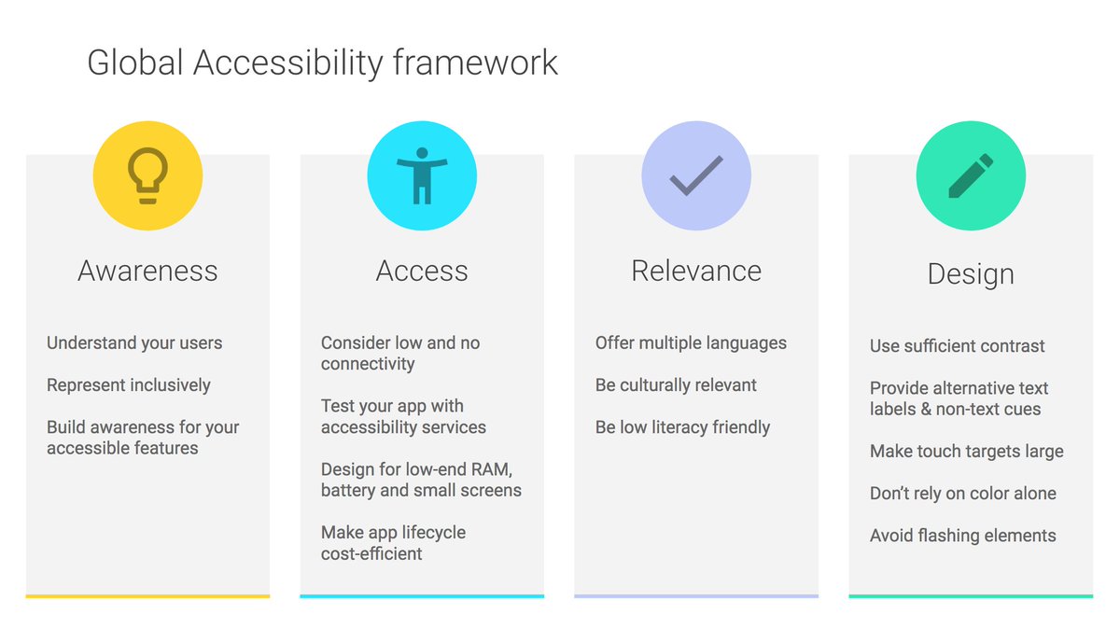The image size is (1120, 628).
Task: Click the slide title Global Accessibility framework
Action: (322, 63)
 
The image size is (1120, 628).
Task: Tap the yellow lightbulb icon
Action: (147, 175)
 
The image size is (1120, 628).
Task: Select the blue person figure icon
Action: (422, 175)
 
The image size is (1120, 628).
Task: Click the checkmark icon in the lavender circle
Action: (696, 175)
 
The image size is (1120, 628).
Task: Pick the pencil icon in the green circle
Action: (971, 175)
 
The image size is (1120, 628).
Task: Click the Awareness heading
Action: (147, 272)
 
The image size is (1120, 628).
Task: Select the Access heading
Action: (422, 272)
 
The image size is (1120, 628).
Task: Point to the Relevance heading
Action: (696, 272)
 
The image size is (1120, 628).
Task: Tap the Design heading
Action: (971, 274)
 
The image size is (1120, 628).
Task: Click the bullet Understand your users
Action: (134, 343)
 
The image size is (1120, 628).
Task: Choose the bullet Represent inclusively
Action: (129, 385)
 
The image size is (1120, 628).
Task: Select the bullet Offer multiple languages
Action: (691, 343)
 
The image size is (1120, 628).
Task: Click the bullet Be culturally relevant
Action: (676, 385)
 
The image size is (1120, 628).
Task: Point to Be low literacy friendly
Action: (682, 427)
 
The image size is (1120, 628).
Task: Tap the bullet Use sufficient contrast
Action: (957, 346)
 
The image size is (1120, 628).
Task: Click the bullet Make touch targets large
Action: (966, 452)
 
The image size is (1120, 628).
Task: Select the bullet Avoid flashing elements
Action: (962, 536)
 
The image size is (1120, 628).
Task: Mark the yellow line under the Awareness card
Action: (147, 595)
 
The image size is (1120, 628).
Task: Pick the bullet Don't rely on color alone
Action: (962, 494)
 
